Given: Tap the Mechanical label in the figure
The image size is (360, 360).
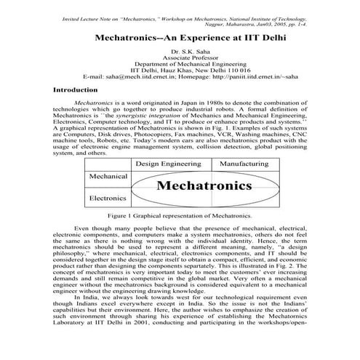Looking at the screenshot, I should click(x=109, y=177).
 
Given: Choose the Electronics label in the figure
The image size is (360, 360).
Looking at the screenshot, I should click(x=109, y=197).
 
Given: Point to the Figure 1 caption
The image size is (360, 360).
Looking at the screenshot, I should click(x=180, y=216).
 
